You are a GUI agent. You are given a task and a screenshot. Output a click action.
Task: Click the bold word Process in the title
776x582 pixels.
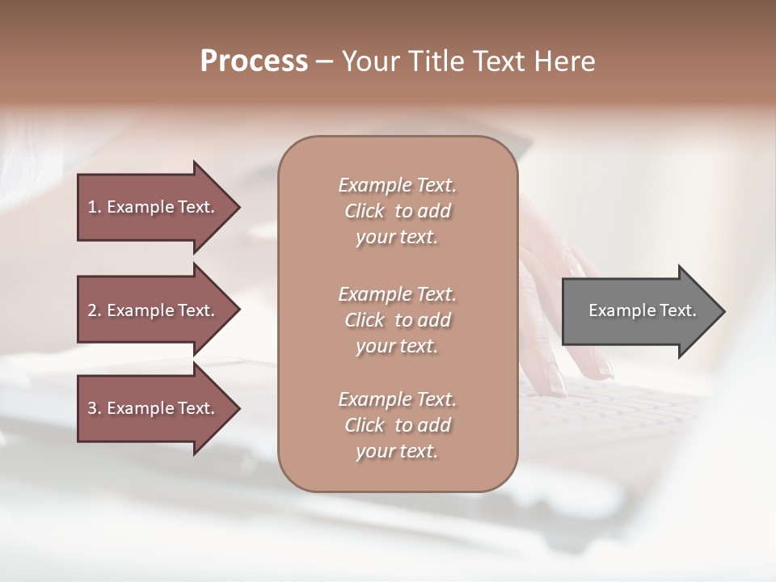(254, 61)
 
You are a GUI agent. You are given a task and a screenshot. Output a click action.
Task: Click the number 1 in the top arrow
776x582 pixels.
(92, 207)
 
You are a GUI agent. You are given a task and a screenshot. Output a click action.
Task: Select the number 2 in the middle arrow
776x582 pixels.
(92, 310)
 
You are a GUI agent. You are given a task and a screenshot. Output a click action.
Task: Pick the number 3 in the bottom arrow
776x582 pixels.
(92, 408)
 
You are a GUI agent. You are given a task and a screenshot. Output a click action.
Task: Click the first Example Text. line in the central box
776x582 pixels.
(397, 185)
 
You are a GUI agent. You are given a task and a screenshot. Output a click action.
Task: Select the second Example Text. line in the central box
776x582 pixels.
(397, 293)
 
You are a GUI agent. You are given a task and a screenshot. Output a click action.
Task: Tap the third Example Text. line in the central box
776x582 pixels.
(397, 399)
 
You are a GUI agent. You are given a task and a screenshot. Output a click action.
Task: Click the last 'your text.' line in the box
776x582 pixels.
(397, 451)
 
